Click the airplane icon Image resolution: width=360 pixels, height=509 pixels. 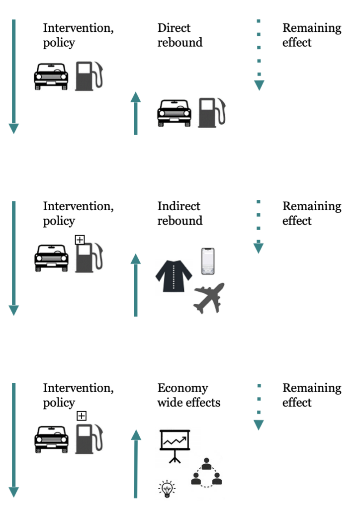point(209,298)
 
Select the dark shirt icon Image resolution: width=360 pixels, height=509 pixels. point(174,277)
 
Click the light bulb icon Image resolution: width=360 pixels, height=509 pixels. point(167,489)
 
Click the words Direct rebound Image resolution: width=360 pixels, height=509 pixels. point(180,35)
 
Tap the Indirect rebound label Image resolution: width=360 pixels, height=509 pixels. point(180,213)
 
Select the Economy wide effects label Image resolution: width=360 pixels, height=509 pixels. point(188,395)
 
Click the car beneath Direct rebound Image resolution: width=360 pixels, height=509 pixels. point(174,113)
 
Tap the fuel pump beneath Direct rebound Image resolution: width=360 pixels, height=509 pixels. point(211,112)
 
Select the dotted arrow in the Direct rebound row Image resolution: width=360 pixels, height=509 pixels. point(259,55)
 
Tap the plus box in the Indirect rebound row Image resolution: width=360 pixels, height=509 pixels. point(80,240)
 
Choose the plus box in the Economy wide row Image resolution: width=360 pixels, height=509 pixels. point(81,416)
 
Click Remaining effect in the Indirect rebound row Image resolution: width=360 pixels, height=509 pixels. point(311,213)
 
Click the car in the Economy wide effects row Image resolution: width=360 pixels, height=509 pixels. point(51,438)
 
